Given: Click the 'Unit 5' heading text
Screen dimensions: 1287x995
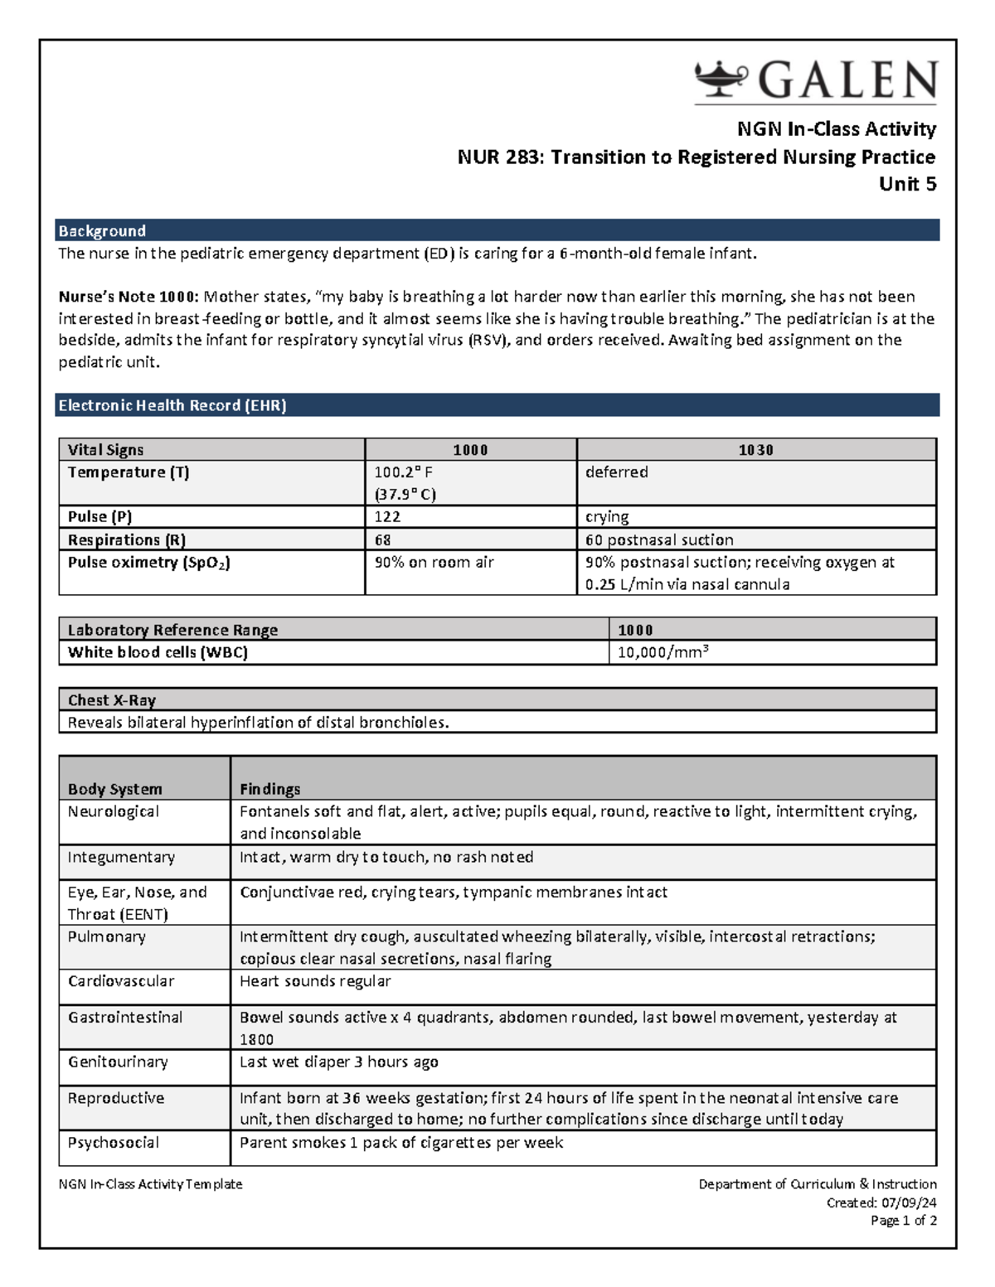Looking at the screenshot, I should (907, 184).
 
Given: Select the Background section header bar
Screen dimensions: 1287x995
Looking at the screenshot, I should (497, 230).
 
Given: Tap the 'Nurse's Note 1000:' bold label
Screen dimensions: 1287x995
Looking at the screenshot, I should (128, 297).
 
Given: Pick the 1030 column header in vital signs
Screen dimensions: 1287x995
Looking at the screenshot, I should (755, 450).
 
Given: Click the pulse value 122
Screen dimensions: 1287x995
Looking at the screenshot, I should (387, 517).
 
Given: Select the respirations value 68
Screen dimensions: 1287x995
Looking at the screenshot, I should (382, 539).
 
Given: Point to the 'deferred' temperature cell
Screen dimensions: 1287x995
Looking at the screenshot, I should (616, 472).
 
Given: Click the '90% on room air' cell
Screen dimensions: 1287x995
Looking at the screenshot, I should (434, 562).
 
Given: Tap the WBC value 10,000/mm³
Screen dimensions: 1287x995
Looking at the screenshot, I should (663, 652).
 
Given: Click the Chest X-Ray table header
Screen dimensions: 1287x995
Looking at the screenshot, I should (112, 700).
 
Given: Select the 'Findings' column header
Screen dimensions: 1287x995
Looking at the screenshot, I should (269, 789).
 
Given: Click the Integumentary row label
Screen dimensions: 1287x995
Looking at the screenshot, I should (121, 857).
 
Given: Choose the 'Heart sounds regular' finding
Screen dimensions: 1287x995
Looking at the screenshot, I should (314, 981).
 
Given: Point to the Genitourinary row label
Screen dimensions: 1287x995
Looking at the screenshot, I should (118, 1062).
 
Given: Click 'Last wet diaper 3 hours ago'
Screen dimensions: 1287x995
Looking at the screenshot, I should (338, 1062).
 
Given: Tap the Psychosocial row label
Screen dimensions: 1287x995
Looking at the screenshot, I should (113, 1142).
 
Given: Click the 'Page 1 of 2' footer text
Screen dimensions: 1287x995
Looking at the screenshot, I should (903, 1221).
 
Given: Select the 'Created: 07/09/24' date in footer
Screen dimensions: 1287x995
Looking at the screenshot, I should (881, 1202).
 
